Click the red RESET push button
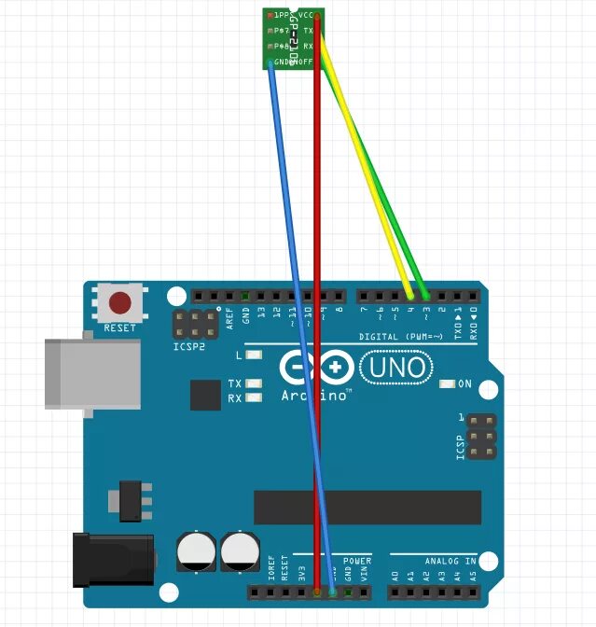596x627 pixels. click(x=120, y=303)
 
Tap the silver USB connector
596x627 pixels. click(x=92, y=373)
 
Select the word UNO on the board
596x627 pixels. click(x=396, y=368)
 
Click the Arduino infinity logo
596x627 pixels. click(x=316, y=369)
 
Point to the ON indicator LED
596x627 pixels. click(x=448, y=383)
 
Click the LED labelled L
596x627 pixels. click(x=254, y=355)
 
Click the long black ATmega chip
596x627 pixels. click(x=367, y=508)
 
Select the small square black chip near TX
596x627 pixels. click(x=205, y=395)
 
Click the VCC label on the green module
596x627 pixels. click(x=306, y=16)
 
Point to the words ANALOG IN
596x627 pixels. click(x=450, y=561)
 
